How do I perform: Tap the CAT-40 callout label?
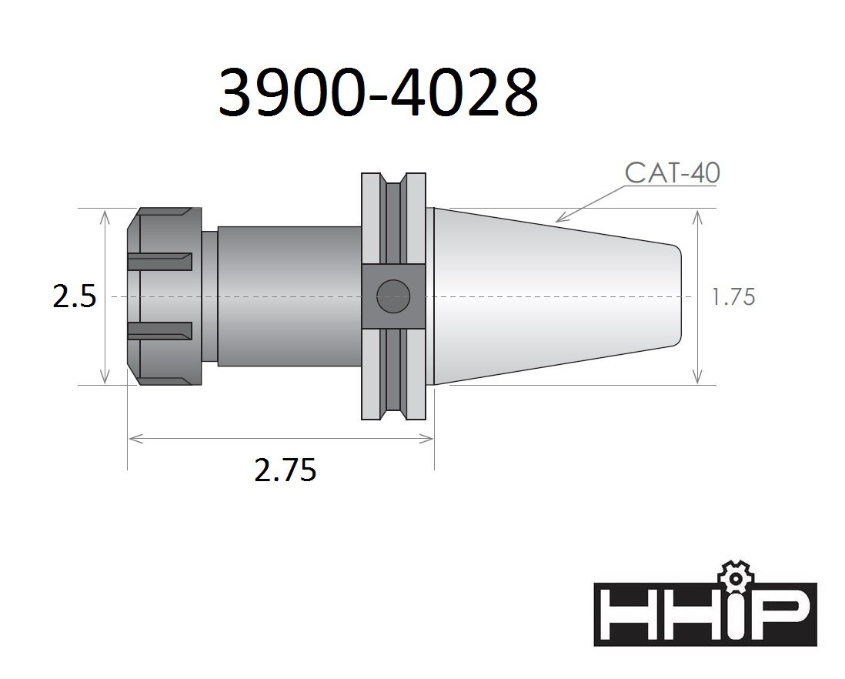(672, 173)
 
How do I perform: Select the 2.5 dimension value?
(74, 296)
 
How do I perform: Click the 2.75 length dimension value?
(285, 470)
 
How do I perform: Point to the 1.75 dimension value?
(733, 297)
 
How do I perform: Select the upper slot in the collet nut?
(159, 262)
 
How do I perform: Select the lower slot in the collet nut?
(159, 330)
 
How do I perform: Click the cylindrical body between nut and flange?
(289, 296)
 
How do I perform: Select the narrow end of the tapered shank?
(677, 296)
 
